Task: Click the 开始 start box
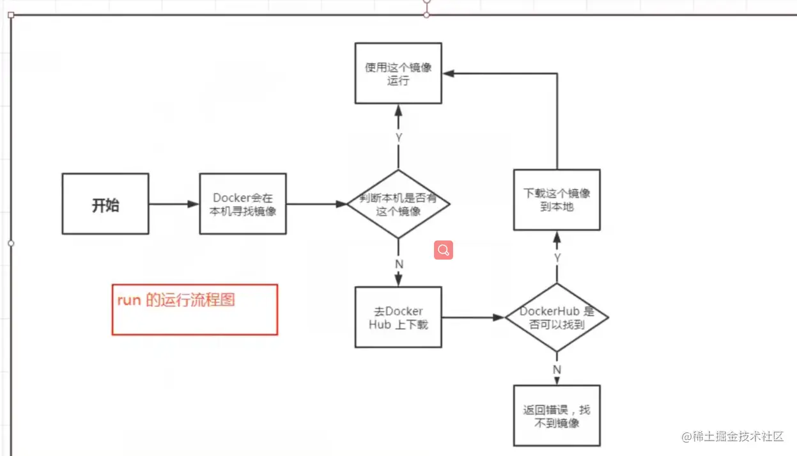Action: tap(105, 203)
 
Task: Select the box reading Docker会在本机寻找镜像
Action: tap(242, 203)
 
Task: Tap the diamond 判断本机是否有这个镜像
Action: tap(398, 204)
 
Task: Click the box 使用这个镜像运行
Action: tap(398, 74)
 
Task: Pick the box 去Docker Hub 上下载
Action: tap(398, 317)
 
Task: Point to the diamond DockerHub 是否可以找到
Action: tap(557, 317)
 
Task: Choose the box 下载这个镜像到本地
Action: tap(557, 200)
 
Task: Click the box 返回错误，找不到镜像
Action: tap(557, 416)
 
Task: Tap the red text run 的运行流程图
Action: tap(176, 300)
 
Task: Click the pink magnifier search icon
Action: tap(444, 250)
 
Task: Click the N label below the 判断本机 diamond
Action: tap(398, 263)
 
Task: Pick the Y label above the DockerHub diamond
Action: tap(557, 258)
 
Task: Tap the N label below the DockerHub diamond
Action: tap(557, 370)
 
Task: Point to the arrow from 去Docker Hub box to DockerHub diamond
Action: tap(473, 317)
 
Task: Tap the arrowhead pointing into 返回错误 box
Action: tap(557, 381)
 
